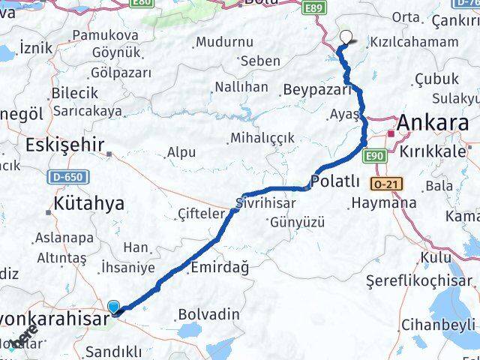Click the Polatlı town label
point(334,182)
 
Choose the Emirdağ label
point(220,267)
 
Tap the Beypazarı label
point(318,90)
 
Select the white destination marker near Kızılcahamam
point(346,35)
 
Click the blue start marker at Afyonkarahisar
point(114,306)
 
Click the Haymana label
point(385,203)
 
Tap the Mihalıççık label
point(262,138)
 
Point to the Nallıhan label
point(241,88)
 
